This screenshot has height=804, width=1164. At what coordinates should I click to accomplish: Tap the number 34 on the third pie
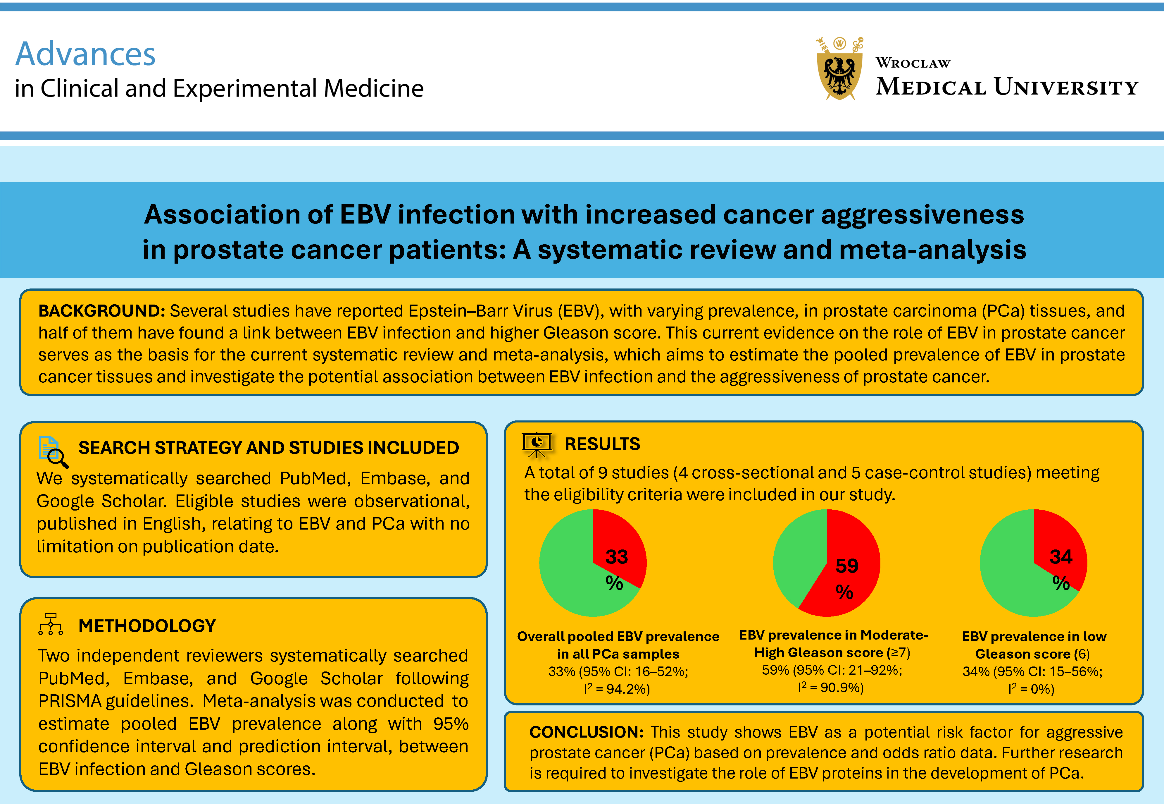[1060, 557]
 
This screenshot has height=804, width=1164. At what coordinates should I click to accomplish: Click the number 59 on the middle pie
[846, 566]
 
